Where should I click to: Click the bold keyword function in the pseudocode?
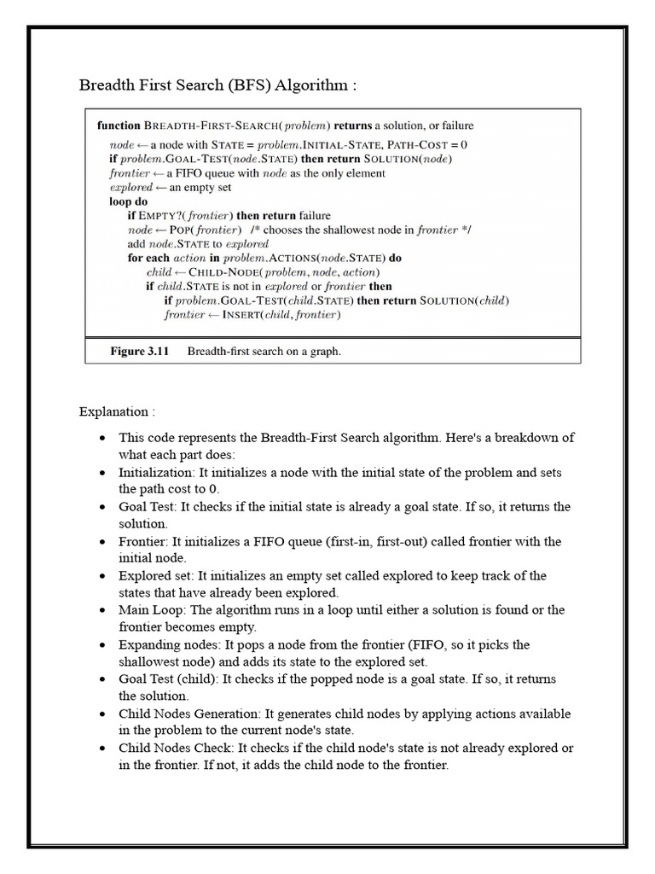pyautogui.click(x=119, y=125)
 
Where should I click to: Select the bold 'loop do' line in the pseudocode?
pyautogui.click(x=129, y=201)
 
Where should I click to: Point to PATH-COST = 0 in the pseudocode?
pyautogui.click(x=426, y=144)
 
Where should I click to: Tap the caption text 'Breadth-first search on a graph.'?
pyautogui.click(x=264, y=351)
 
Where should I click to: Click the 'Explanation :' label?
pyautogui.click(x=117, y=411)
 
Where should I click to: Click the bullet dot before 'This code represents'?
pyautogui.click(x=102, y=438)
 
